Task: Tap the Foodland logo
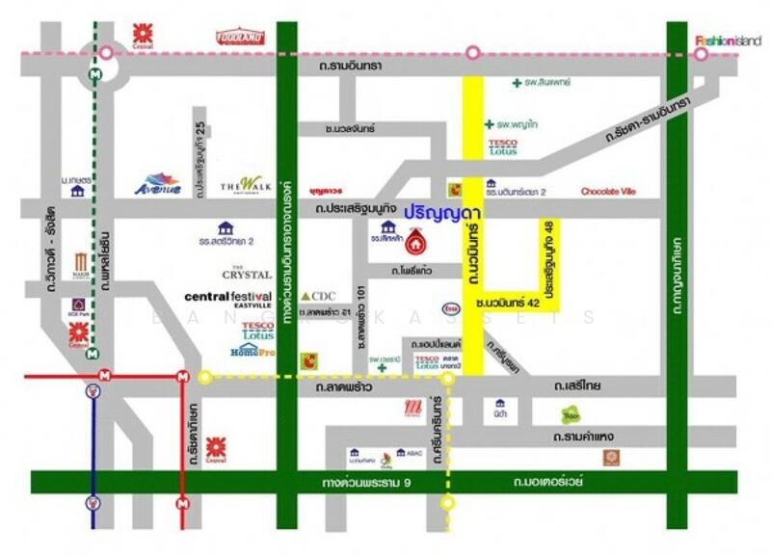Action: (x=241, y=37)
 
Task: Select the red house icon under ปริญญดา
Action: (x=416, y=238)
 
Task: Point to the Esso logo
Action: (x=450, y=308)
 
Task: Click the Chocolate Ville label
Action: (x=608, y=192)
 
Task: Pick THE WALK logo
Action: (x=241, y=185)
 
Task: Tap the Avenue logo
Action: (x=158, y=184)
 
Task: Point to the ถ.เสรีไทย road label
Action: (x=578, y=385)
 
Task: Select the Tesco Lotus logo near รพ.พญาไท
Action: (x=502, y=147)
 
